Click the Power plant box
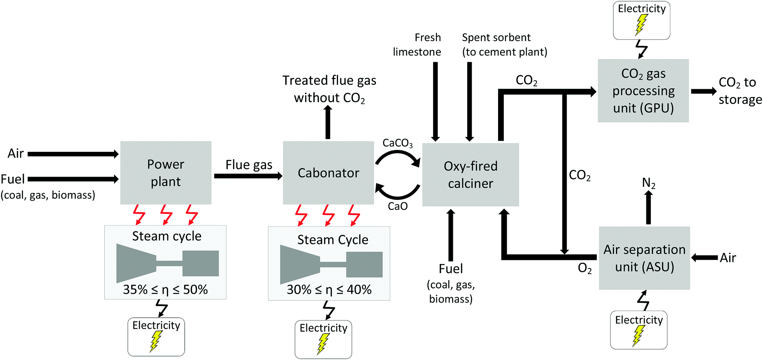point(166,173)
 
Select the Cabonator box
point(328,173)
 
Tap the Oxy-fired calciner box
point(470,175)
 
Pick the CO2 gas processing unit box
point(643,91)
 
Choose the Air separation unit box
point(644,258)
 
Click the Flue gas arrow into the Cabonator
point(248,176)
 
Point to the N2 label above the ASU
point(648,183)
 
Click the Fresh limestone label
point(417,45)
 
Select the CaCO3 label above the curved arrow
point(398,143)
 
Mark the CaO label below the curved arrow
point(398,206)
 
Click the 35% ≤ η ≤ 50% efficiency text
point(165,290)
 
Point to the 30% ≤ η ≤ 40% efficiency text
point(329,290)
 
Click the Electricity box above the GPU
point(641,20)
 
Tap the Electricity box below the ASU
point(639,330)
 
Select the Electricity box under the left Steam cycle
point(156,337)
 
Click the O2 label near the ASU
point(584,268)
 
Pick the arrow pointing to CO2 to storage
point(703,91)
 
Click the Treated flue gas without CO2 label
point(329,89)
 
